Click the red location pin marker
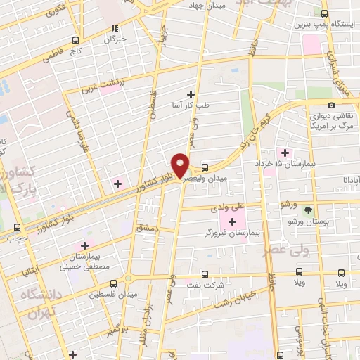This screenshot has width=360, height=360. (x=181, y=165)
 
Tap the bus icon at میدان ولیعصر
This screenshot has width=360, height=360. (x=205, y=168)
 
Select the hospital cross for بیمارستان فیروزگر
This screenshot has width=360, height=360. (x=232, y=222)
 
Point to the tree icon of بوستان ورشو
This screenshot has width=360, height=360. (x=307, y=210)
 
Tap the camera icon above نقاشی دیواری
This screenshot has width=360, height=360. (x=331, y=105)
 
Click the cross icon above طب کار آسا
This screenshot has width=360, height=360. (x=191, y=94)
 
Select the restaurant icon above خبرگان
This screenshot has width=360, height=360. (x=113, y=29)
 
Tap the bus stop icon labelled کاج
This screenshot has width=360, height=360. (x=75, y=41)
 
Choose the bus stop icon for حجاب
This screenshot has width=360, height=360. (x=18, y=227)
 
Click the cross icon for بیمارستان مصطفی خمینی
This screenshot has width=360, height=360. (x=85, y=245)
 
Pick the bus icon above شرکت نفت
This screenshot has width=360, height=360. (x=205, y=274)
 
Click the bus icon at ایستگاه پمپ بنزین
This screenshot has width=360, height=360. (x=324, y=13)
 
